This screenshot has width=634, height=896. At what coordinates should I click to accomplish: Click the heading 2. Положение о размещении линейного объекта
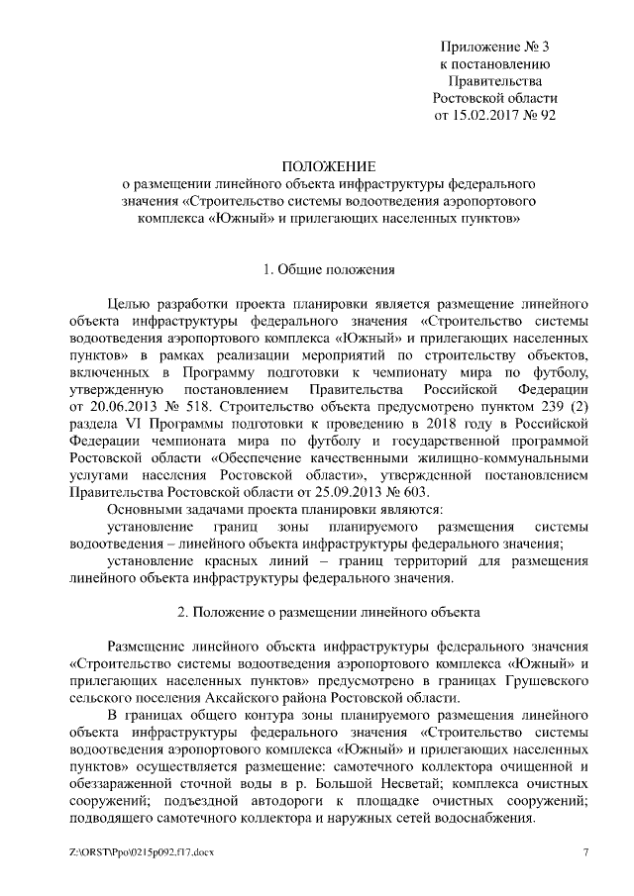[328, 612]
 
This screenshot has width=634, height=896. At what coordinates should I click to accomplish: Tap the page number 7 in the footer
[585, 852]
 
